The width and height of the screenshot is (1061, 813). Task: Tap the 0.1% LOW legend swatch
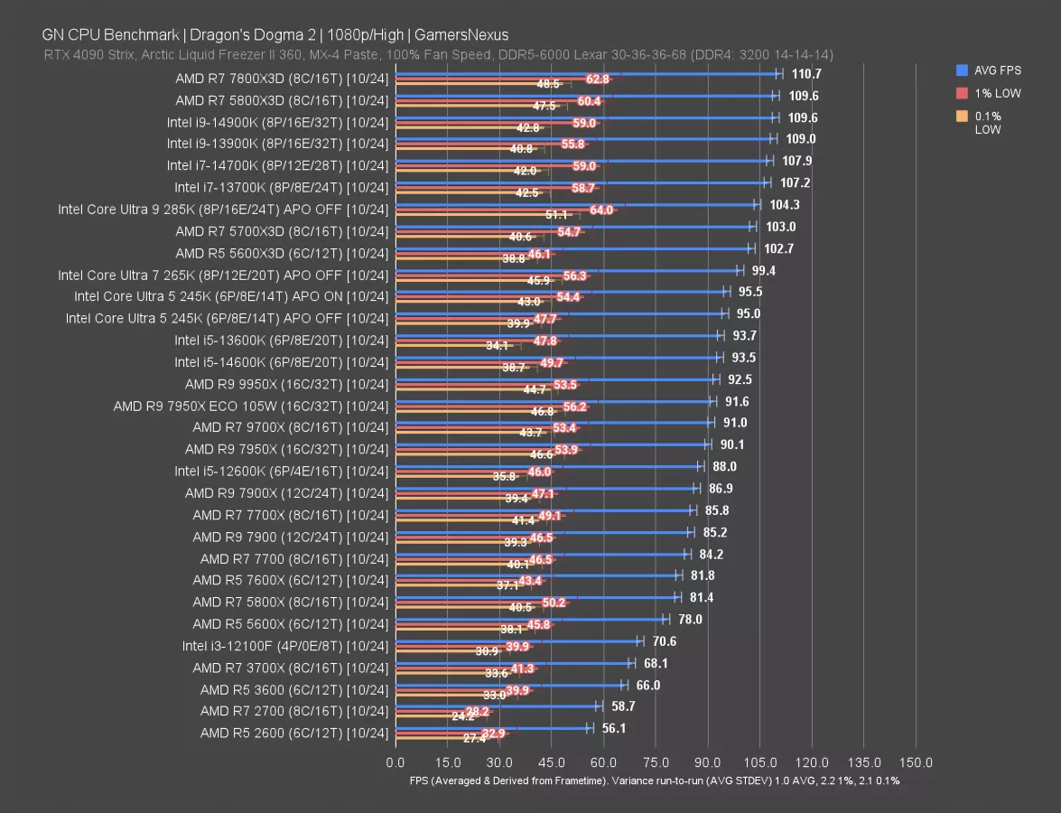(x=963, y=116)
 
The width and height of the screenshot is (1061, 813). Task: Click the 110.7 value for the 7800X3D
(x=807, y=74)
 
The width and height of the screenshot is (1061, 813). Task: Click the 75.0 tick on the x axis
(x=656, y=762)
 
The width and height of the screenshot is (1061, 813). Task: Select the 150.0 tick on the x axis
(x=916, y=762)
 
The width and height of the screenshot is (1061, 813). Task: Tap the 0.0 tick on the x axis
(x=396, y=762)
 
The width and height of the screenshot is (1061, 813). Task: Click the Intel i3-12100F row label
(x=284, y=646)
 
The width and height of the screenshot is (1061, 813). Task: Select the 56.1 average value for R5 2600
(x=617, y=728)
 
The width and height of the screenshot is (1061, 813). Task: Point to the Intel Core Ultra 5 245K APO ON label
(x=231, y=296)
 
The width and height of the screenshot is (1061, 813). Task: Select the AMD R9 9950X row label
(x=286, y=384)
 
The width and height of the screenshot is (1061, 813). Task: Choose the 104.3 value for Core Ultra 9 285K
(x=784, y=205)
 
